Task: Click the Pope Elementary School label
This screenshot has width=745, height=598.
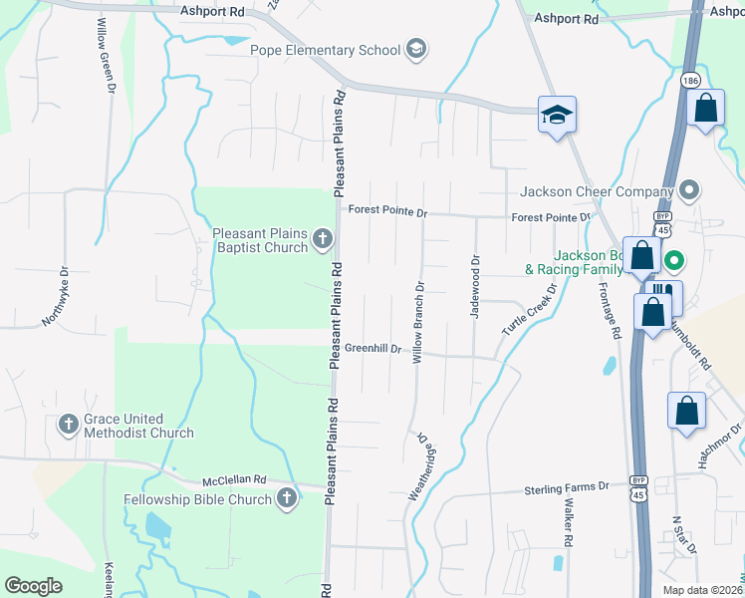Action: (324, 50)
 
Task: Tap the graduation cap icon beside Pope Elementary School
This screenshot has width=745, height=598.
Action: (416, 50)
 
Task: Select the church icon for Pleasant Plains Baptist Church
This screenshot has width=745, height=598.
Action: (322, 239)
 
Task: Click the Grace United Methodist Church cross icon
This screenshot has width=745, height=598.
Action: (68, 425)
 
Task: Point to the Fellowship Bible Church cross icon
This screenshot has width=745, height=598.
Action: (287, 498)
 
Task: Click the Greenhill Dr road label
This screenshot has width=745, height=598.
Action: (372, 349)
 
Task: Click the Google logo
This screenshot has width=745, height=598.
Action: (33, 586)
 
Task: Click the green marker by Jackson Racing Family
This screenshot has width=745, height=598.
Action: (673, 262)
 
